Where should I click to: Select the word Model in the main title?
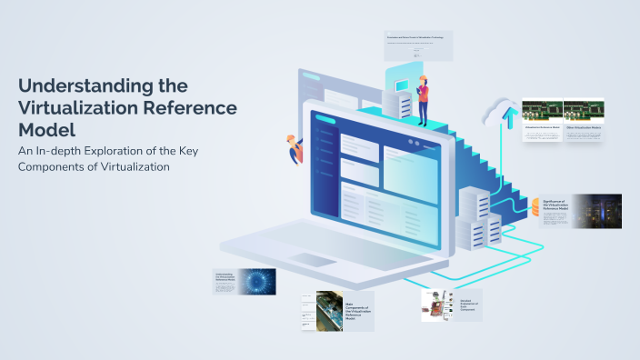(45, 128)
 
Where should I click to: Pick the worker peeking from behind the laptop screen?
(295, 147)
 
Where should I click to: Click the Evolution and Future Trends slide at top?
(418, 45)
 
